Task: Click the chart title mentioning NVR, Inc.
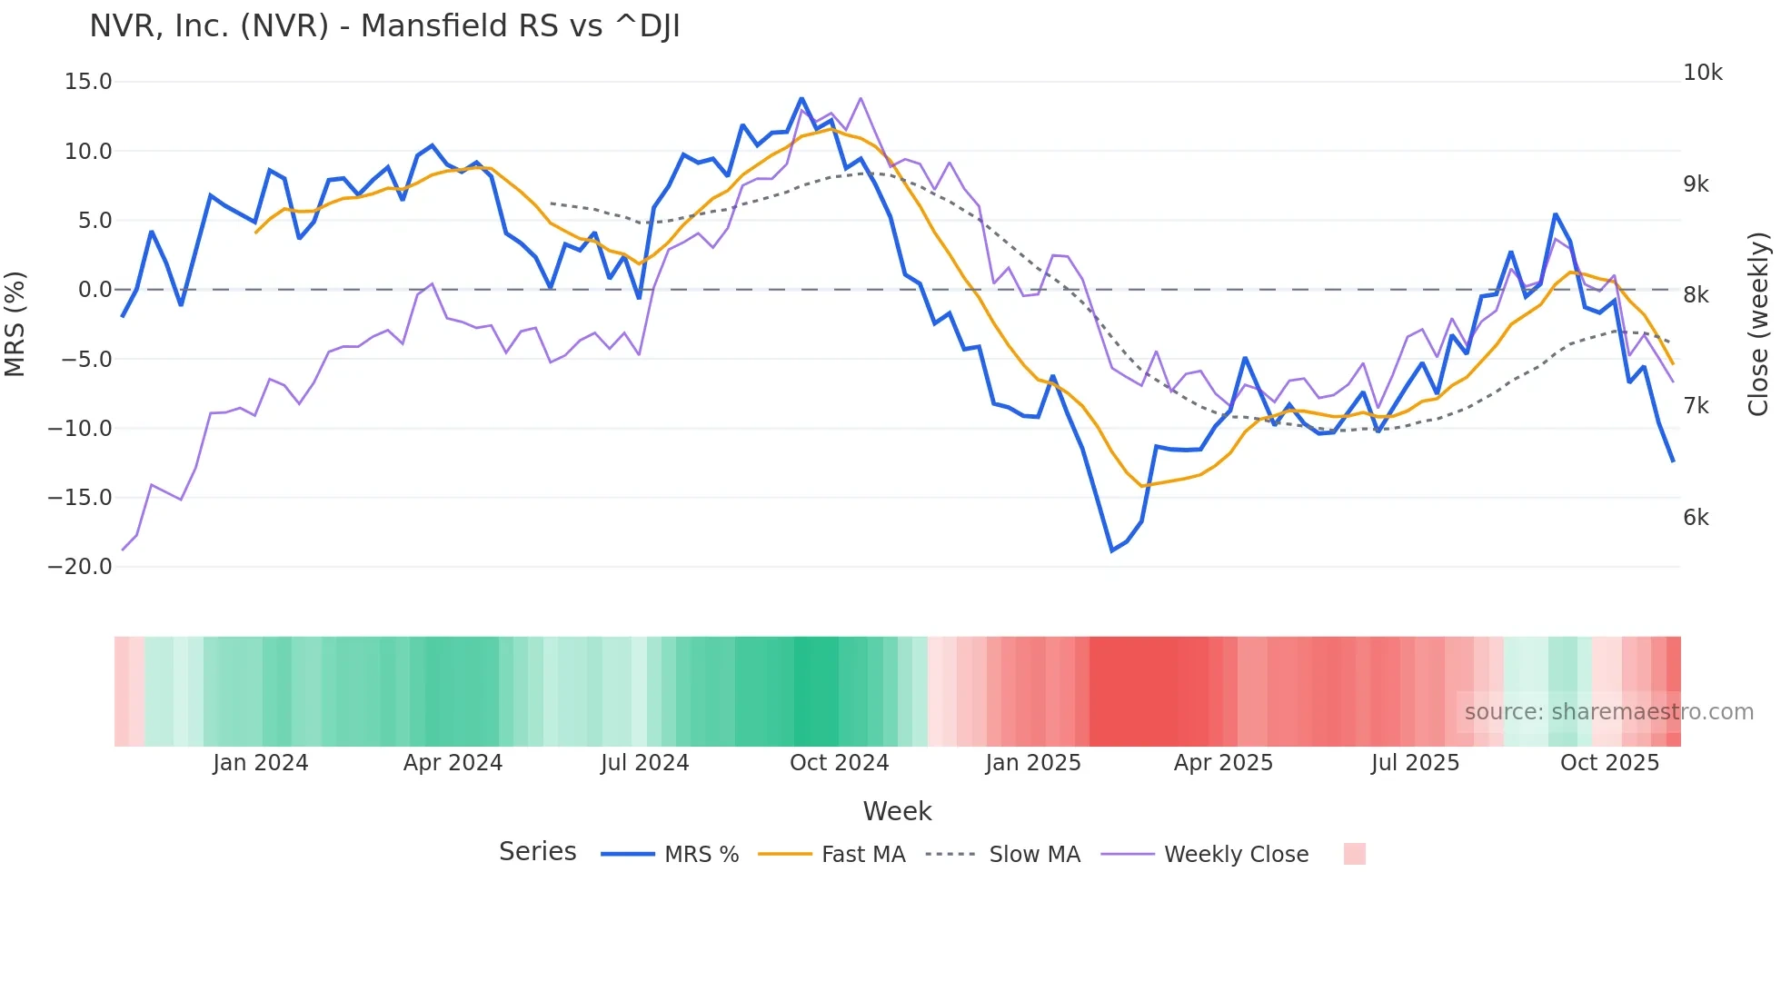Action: [384, 26]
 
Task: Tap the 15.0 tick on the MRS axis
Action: [88, 82]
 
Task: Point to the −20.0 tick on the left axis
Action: [80, 567]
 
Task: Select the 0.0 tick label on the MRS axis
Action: [95, 290]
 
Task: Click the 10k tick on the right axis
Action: [1702, 73]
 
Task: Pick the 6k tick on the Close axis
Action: [1696, 518]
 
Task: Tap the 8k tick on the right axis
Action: [1696, 295]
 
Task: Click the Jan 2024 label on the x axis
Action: [261, 763]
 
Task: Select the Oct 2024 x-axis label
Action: [839, 763]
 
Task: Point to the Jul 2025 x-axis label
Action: [1415, 763]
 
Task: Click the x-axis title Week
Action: [897, 811]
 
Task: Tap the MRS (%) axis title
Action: [15, 324]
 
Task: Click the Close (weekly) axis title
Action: [1758, 324]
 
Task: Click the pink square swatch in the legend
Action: [1354, 854]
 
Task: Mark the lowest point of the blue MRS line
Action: [1111, 550]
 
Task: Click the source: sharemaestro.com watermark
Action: [1608, 712]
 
